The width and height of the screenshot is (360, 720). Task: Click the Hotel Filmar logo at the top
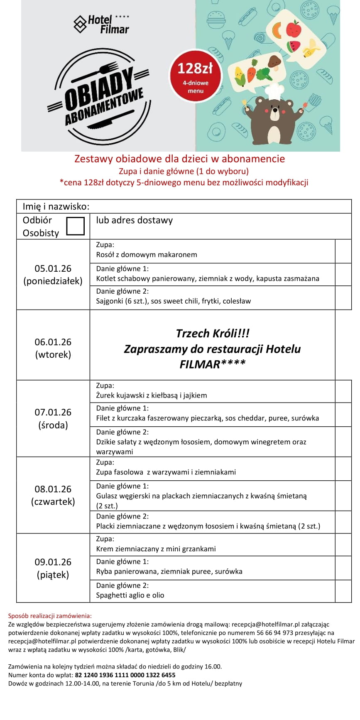[x=101, y=25]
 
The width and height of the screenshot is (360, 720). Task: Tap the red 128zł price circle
[x=195, y=76]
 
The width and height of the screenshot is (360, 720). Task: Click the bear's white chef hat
[x=274, y=91]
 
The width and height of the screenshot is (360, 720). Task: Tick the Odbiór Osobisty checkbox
[x=75, y=226]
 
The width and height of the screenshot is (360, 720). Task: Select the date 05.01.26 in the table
[x=53, y=268]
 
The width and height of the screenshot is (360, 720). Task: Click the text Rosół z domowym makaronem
[x=147, y=255]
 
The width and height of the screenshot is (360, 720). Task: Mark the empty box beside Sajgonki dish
[x=343, y=297]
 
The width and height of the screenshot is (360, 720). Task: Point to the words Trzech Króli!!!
[x=212, y=333]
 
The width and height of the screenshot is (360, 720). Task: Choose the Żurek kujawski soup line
[x=152, y=396]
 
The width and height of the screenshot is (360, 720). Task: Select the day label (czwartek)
[x=53, y=502]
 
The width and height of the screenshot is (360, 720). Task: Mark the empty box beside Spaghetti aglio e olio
[x=343, y=591]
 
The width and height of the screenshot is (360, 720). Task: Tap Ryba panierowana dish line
[x=169, y=572]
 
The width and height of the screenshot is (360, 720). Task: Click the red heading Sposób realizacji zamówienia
[x=50, y=616]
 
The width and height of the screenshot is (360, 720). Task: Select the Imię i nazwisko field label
[x=56, y=206]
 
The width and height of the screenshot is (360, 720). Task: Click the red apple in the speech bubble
[x=293, y=29]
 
